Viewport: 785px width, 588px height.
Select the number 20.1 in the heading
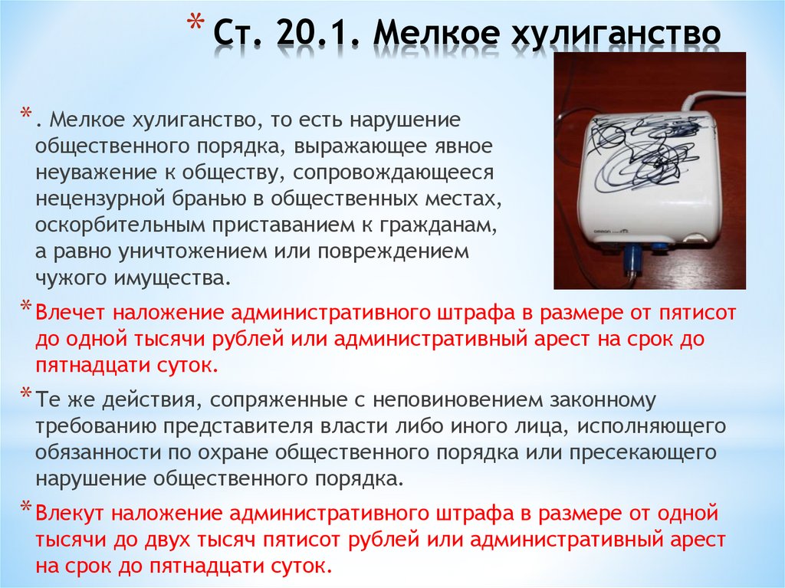click(311, 34)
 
